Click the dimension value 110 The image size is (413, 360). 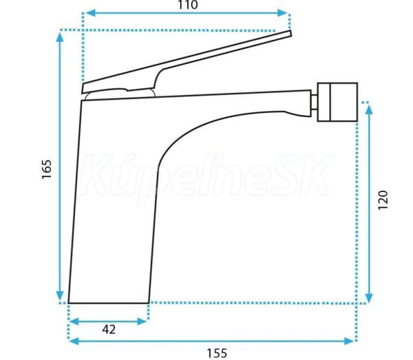pyautogui.click(x=187, y=5)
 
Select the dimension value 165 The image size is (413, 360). pyautogui.click(x=47, y=169)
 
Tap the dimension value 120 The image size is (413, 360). pyautogui.click(x=383, y=200)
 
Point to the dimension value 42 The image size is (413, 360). pyautogui.click(x=109, y=330)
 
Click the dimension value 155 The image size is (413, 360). pyautogui.click(x=217, y=353)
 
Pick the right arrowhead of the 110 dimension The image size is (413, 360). pyautogui.click(x=282, y=12)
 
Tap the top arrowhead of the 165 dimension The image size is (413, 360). pyautogui.click(x=60, y=37)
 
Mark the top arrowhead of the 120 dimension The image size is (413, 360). pyautogui.click(x=369, y=109)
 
